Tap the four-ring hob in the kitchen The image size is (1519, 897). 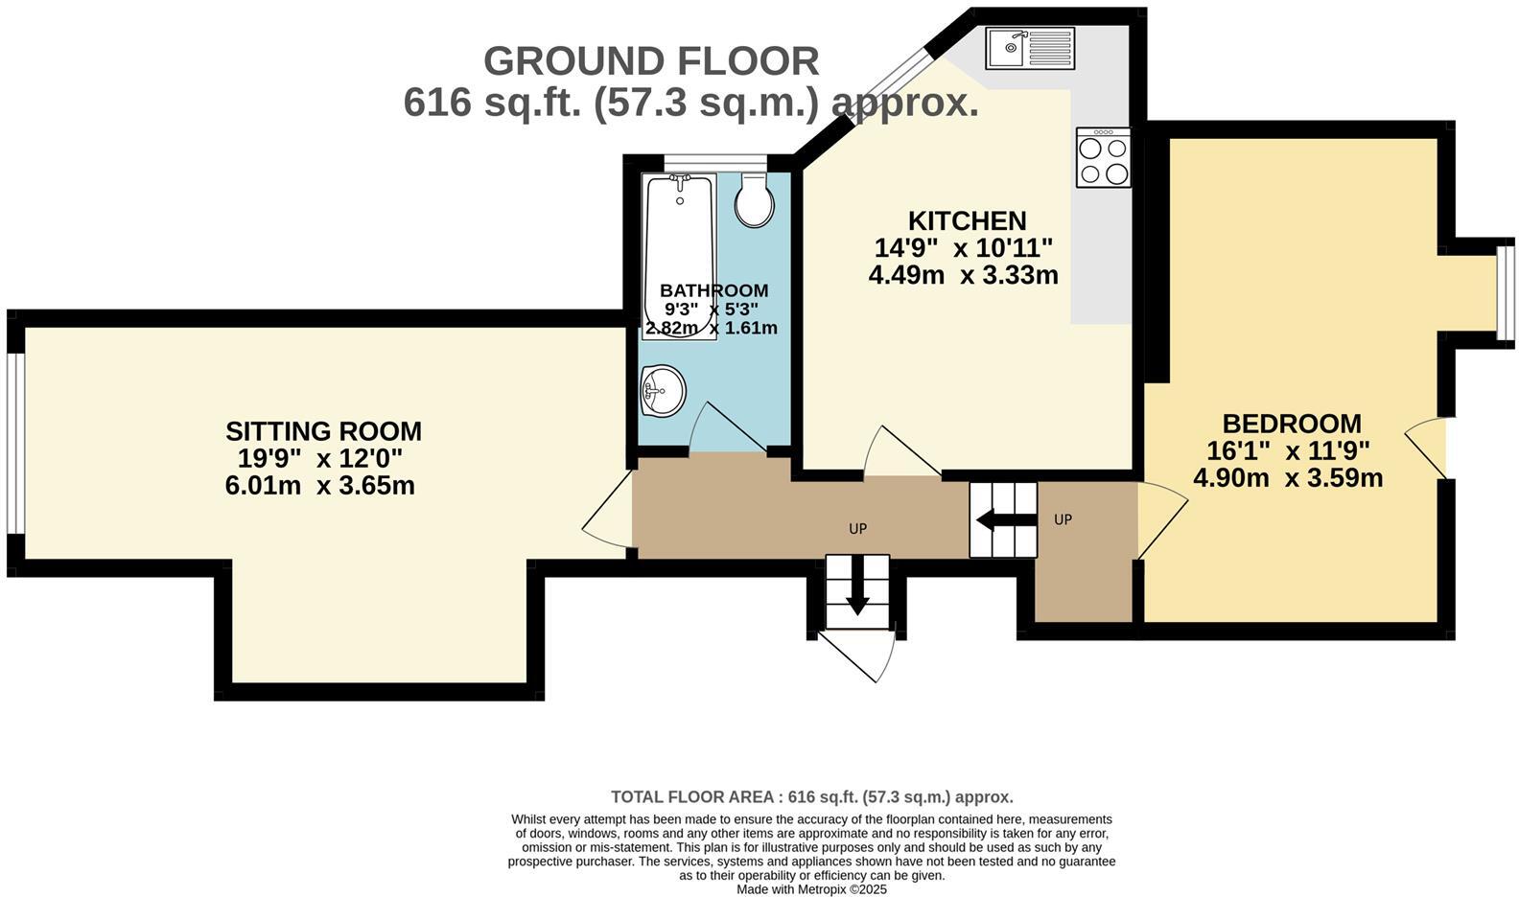click(x=1104, y=160)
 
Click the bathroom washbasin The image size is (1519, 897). click(x=663, y=390)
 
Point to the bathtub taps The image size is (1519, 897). click(x=680, y=181)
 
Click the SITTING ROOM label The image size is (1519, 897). click(x=323, y=431)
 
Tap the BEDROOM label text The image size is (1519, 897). click(x=1291, y=424)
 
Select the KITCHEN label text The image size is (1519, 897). click(x=967, y=221)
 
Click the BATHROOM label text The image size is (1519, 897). click(x=713, y=290)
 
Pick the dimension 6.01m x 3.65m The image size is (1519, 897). click(x=319, y=486)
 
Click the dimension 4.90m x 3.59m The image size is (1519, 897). click(x=1288, y=477)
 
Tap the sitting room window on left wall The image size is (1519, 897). click(x=13, y=443)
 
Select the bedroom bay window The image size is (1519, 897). click(x=1506, y=293)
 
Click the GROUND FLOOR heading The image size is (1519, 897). click(x=651, y=61)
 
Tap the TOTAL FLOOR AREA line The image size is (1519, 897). click(x=811, y=796)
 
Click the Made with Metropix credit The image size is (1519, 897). click(x=811, y=889)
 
